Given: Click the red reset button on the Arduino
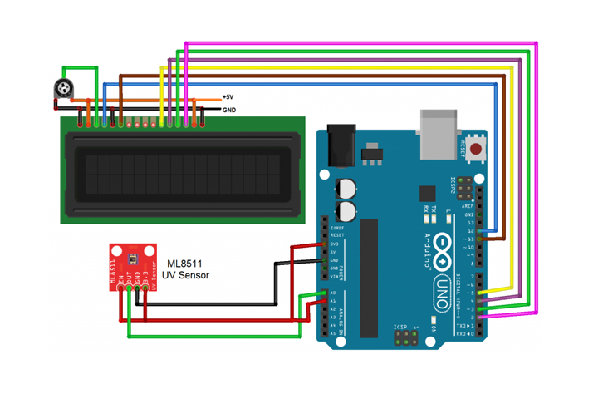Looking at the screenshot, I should click(x=476, y=150).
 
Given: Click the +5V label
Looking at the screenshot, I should click(x=228, y=97).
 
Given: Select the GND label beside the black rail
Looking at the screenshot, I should click(x=228, y=109).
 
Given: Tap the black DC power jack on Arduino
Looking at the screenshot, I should click(x=341, y=145).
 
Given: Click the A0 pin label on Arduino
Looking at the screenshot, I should click(x=332, y=293).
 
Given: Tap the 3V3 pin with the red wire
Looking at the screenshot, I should click(x=332, y=244).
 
